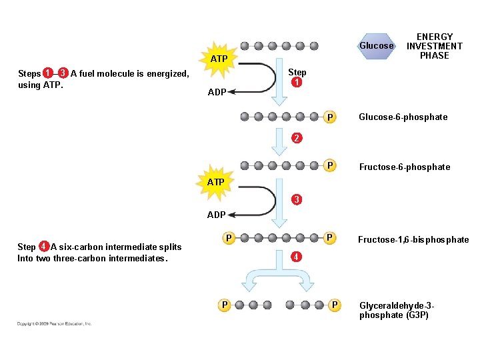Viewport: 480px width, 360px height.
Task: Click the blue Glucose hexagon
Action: point(377,46)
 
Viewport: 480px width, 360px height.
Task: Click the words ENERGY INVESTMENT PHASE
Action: point(434,46)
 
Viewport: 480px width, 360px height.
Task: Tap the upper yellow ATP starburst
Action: point(219,59)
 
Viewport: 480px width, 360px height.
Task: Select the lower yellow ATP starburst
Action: point(215,182)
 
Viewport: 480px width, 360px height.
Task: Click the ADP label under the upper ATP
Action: point(217,93)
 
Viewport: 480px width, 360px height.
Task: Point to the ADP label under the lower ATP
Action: point(216,215)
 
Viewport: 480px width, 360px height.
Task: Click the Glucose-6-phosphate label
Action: point(403,117)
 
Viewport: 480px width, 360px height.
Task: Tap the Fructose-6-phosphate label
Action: point(404,167)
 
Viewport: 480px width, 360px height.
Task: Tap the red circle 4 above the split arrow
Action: point(295,257)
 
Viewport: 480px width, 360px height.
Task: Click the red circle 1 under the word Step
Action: point(297,83)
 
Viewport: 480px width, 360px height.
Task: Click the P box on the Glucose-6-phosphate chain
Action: point(329,117)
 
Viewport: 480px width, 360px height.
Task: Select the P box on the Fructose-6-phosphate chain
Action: point(329,165)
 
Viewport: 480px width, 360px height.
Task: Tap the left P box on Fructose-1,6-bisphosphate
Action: point(228,237)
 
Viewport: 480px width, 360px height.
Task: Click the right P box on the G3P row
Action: point(335,305)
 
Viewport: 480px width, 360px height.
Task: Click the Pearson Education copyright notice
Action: point(55,324)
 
